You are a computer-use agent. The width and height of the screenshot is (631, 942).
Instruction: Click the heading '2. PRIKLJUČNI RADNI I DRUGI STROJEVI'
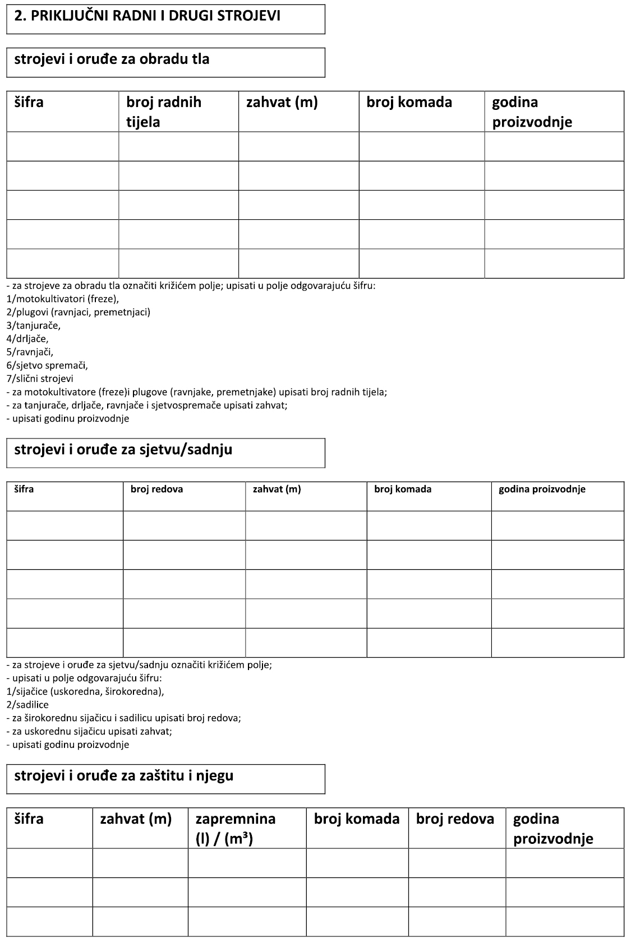coord(147,16)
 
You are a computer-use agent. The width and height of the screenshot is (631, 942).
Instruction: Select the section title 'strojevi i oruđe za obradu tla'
coord(112,59)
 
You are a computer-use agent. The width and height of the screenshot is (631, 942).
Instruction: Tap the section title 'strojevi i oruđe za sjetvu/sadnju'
coord(123,450)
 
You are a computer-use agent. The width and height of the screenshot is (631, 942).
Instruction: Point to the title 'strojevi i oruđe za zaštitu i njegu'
coord(123,776)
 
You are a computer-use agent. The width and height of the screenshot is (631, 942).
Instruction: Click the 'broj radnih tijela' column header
coord(163,112)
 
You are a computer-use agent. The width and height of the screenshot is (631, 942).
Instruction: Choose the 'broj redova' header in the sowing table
coord(156,490)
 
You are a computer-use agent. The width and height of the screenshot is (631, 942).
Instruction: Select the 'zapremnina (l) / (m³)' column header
coord(235,828)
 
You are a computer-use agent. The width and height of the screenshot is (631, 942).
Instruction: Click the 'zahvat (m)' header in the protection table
coord(135,819)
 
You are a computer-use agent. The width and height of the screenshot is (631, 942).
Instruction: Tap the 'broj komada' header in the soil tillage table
coord(409,103)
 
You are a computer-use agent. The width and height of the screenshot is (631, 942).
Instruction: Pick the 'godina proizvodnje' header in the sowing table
coord(542,490)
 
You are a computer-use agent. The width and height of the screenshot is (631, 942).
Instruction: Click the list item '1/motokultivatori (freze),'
coord(63,299)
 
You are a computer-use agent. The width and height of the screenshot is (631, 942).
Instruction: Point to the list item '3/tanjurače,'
coord(34,325)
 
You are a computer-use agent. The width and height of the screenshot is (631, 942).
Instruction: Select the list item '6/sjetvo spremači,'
coord(47,366)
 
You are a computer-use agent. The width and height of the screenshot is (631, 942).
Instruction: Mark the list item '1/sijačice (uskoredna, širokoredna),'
coord(85,691)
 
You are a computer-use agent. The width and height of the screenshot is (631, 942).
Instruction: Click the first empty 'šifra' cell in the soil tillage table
coord(63,147)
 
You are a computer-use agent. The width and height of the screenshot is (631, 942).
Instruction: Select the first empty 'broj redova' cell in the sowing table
coord(184,525)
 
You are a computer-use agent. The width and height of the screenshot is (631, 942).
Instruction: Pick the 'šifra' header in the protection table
coord(29,819)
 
